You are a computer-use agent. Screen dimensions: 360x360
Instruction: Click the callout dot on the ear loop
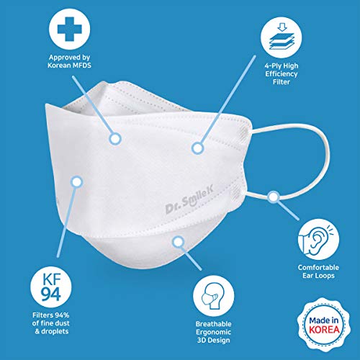point(274,194)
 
